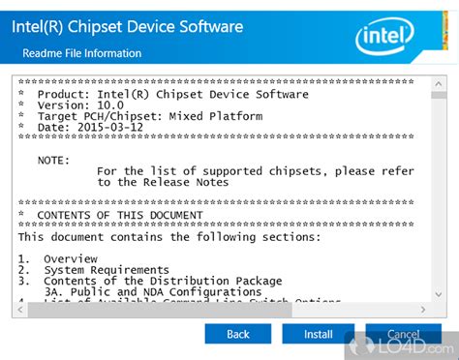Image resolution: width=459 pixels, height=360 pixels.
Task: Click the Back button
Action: [237, 334]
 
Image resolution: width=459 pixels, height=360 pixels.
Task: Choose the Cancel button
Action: [402, 334]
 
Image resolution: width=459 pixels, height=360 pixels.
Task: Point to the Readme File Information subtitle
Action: [89, 53]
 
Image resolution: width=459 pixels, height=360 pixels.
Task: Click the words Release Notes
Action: [184, 182]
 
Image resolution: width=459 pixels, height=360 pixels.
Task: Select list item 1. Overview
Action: [58, 258]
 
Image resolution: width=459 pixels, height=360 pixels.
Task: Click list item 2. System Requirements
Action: [93, 270]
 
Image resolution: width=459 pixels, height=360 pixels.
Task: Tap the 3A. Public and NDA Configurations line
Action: [153, 291]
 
